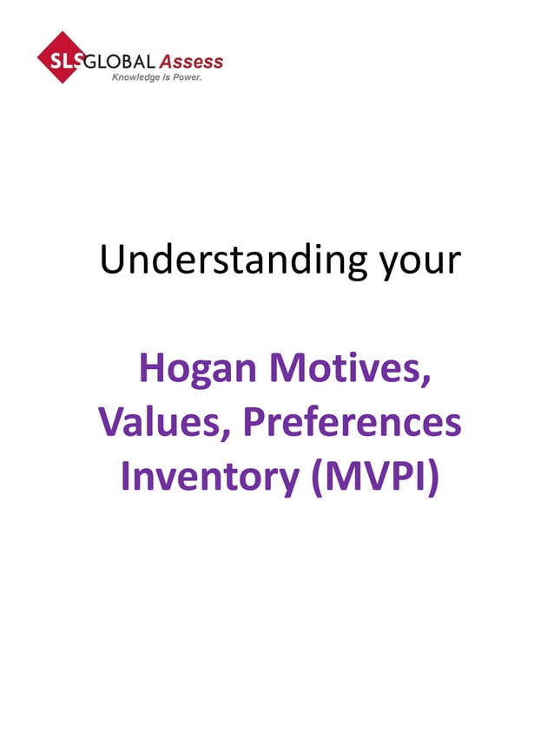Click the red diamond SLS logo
coord(62,57)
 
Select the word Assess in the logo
coord(191,63)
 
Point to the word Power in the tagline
coord(185,77)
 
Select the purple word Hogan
coord(197,371)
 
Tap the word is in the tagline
coord(163,77)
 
